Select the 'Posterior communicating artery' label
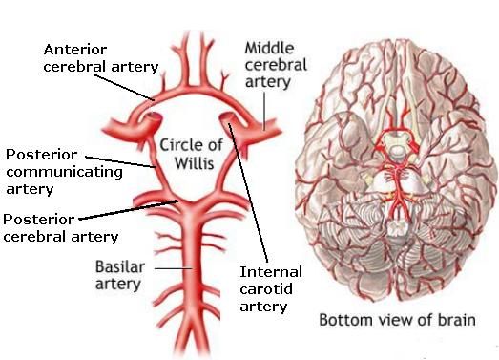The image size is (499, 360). (64, 172)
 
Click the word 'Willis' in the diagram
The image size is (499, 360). (190, 163)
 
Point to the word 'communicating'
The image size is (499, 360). (64, 172)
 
